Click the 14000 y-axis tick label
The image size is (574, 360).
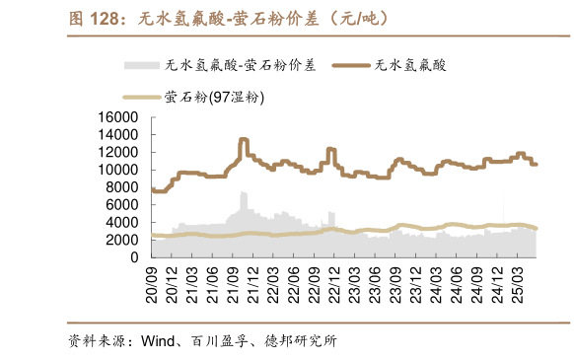click(116, 134)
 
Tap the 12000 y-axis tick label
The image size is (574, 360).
click(116, 152)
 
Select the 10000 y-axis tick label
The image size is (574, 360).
click(116, 170)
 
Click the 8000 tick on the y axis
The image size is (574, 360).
click(120, 187)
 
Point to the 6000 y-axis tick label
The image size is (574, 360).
click(120, 205)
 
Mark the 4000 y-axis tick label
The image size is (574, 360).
click(120, 222)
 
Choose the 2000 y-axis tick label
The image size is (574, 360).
click(120, 240)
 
